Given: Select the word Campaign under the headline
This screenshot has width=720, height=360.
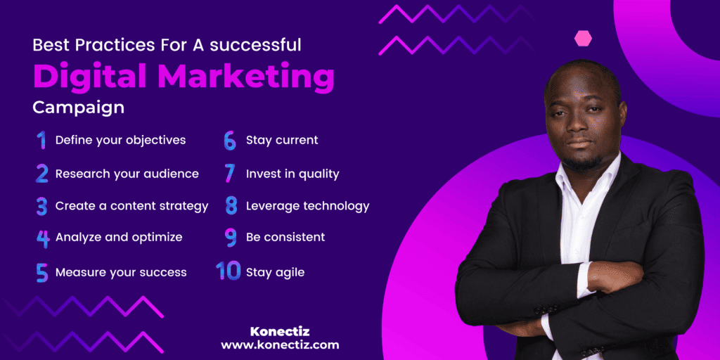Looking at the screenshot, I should click(x=78, y=108).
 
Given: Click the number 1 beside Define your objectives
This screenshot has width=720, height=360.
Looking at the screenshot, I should click(x=41, y=141).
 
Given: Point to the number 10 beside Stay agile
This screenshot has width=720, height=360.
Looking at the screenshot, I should click(x=228, y=271).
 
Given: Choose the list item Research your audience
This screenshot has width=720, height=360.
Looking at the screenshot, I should click(x=127, y=174).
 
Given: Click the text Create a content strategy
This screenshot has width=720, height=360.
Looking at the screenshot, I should click(x=131, y=206).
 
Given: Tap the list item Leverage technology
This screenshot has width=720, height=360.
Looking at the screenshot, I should click(x=307, y=206).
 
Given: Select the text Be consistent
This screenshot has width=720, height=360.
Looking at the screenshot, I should click(x=285, y=238).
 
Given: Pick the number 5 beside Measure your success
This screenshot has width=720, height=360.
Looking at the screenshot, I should click(x=41, y=272).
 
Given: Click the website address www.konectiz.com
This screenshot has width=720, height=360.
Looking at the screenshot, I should click(x=280, y=345).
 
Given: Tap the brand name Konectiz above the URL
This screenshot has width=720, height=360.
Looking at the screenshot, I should click(x=280, y=330).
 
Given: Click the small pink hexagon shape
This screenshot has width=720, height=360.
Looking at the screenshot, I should click(x=583, y=38).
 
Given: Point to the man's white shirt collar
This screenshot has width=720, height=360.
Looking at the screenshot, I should click(x=598, y=172).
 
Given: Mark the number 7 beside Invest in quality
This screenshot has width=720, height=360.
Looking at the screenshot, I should click(x=229, y=174).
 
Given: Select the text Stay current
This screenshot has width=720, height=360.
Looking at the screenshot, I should click(x=282, y=141).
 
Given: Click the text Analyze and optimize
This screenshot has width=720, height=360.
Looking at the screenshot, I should click(x=119, y=238).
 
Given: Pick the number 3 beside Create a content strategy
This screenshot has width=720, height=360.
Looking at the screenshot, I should click(x=41, y=207).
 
